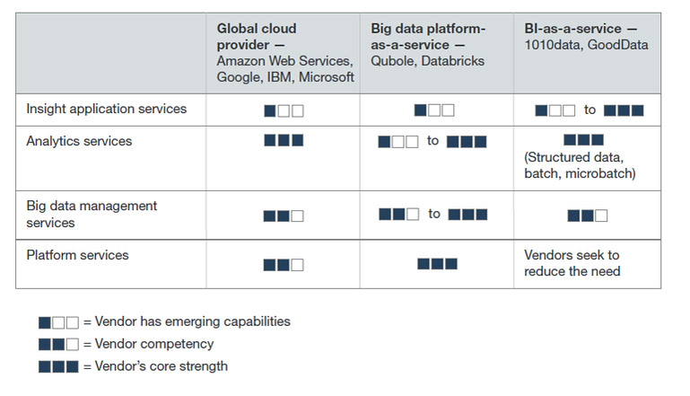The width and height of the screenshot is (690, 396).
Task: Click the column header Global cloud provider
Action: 257,37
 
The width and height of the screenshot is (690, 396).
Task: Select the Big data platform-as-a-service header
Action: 428,37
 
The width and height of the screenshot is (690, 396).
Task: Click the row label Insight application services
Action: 107,109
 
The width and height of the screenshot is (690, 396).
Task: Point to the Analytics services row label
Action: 79,141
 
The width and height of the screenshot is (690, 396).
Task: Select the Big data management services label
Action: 92,214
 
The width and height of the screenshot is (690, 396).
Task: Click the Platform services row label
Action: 77,255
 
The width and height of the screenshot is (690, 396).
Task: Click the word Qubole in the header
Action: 392,61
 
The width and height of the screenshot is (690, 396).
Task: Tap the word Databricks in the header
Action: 452,61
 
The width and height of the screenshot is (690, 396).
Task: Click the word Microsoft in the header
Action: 327,77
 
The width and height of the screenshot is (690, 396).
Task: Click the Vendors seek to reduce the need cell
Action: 572,263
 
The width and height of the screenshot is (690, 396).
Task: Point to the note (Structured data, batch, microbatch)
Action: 580,165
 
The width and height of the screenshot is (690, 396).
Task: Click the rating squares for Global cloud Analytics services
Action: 284,140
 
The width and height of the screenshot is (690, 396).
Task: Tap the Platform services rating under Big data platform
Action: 437,264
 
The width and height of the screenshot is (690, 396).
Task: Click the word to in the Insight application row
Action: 590,110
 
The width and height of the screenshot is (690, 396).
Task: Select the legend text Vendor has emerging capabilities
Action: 193,321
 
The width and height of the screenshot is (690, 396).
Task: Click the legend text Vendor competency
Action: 154,344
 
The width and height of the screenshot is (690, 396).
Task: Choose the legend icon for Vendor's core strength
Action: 58,366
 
